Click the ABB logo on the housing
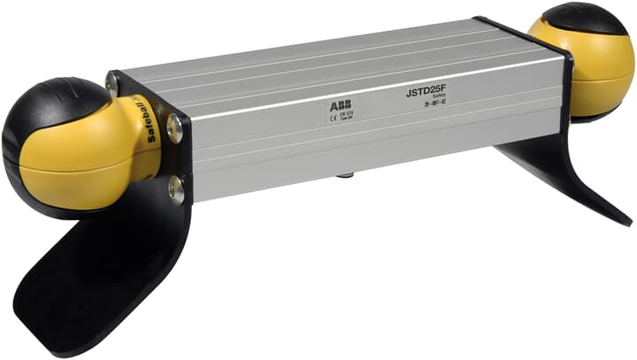(340, 106)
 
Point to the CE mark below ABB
(333, 118)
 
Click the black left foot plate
(97, 283)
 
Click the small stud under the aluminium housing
(341, 177)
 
